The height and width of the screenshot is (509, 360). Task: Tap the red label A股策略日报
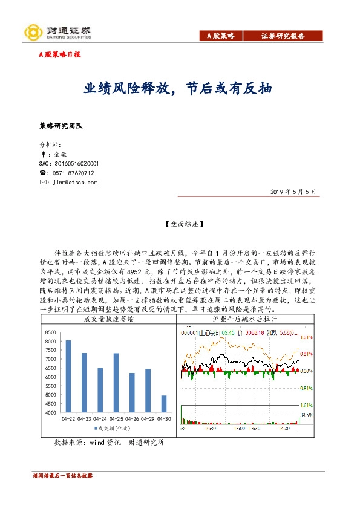60,54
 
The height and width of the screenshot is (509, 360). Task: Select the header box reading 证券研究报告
283,36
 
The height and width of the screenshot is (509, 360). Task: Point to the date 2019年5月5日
295,192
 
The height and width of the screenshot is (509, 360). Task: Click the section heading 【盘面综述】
180,224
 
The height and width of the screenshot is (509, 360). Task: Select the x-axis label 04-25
116,418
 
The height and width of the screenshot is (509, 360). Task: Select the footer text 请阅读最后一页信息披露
62,476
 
